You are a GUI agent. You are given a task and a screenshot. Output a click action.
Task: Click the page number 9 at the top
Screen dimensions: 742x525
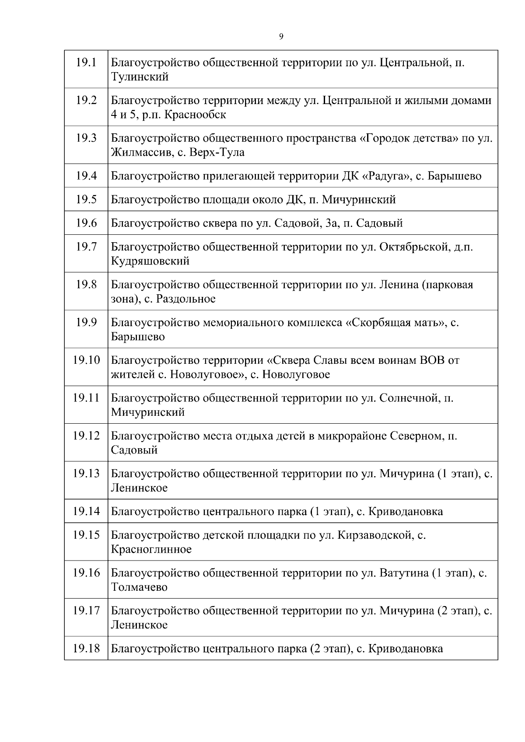281,37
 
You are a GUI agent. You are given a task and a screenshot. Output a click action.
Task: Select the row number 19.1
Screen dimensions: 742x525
86,62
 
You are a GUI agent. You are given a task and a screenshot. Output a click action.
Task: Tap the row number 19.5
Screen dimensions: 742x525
86,199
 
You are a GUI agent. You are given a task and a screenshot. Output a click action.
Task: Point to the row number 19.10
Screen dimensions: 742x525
86,360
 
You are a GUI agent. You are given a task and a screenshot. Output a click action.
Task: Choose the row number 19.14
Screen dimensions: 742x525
86,511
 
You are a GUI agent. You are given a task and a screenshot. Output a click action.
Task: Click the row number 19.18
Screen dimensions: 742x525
86,648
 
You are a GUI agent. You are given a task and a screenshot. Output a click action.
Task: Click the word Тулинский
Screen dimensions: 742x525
140,77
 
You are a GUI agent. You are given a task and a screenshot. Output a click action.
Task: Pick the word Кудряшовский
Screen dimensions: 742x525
150,261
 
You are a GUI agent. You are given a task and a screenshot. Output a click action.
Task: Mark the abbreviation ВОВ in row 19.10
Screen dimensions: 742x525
432,360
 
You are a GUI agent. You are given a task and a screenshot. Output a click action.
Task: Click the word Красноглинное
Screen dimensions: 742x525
151,549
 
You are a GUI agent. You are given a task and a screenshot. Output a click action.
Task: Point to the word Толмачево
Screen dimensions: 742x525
139,587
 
